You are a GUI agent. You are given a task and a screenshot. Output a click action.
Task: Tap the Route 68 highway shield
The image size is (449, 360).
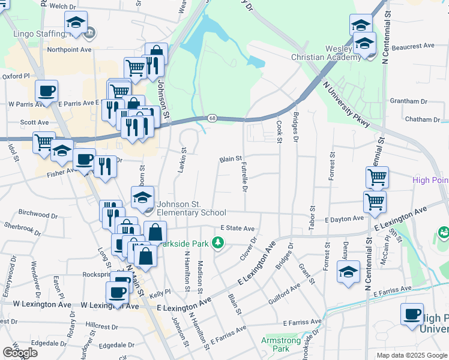pos(213,118)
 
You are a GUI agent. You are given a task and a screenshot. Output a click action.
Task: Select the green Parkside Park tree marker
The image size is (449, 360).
pos(219,242)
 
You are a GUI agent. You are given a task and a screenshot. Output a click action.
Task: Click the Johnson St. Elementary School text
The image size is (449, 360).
pos(191,208)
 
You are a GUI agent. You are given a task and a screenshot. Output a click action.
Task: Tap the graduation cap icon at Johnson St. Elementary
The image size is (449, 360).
pos(143,197)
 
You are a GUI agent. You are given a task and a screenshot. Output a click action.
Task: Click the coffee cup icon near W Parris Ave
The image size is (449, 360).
pos(46,91)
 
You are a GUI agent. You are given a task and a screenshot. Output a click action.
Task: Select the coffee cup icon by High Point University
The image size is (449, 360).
pos(412,314)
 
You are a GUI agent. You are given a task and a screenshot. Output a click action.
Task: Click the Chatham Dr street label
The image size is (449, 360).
pos(418,119)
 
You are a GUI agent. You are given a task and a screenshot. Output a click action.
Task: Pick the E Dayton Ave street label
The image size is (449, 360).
pos(344,220)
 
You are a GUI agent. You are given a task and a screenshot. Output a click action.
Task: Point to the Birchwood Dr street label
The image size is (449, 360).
pos(42,214)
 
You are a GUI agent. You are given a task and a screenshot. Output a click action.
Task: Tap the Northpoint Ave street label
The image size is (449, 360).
pos(69,50)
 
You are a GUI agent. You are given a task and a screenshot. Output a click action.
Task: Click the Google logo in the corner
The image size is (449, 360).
pos(20,353)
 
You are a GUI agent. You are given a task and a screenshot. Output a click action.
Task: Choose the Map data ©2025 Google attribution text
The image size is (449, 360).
pos(411,355)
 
